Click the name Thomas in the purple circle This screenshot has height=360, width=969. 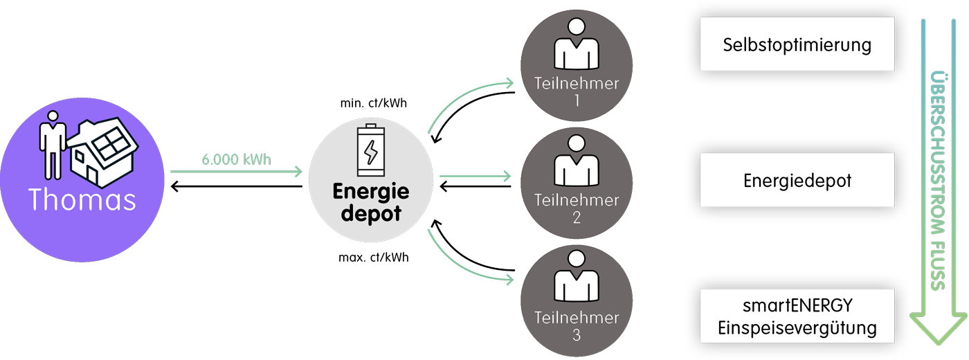coord(82,199)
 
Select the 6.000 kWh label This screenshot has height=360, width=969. coord(236,160)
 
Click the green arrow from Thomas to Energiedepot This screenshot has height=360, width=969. coord(236,172)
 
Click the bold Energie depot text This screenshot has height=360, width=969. coord(371,202)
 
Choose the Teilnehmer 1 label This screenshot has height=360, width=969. coord(577,91)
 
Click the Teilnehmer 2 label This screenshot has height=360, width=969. coord(577,208)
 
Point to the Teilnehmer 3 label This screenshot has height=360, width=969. coord(577,326)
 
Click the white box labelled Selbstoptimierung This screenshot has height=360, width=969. coord(797,46)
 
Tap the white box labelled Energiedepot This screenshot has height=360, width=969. coord(797,181)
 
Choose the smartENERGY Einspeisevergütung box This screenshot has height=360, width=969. coord(797,316)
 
